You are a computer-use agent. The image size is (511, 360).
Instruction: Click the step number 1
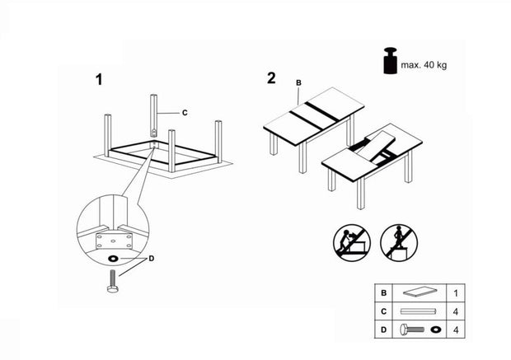tap(99, 80)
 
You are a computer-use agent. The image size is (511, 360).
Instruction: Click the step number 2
tap(271, 79)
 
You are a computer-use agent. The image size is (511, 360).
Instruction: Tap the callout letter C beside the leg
tap(185, 112)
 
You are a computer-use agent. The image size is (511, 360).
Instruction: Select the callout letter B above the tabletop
tap(298, 82)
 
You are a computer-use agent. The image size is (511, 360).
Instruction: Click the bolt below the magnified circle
tap(112, 286)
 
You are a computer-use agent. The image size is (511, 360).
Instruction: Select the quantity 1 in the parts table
tap(455, 292)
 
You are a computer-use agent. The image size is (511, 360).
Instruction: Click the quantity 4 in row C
tap(455, 311)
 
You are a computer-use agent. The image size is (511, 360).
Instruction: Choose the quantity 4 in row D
tap(455, 330)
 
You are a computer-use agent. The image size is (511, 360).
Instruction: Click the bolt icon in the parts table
tap(413, 330)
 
